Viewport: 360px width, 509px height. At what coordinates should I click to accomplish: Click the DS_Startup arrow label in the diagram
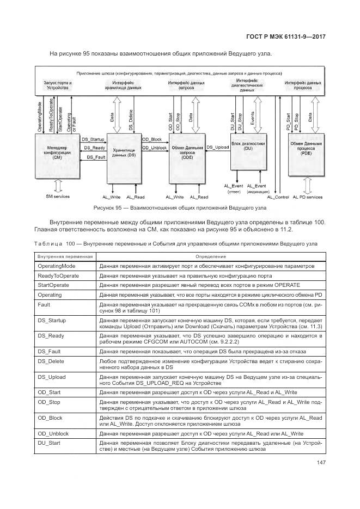pyautogui.click(x=93, y=140)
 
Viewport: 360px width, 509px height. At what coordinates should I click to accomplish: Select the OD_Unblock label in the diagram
pyautogui.click(x=155, y=148)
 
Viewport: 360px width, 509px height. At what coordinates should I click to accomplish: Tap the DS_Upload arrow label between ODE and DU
pyautogui.click(x=218, y=148)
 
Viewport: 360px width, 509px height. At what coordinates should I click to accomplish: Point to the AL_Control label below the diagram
pyautogui.click(x=279, y=197)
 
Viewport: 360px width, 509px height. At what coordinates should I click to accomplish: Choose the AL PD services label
pyautogui.click(x=308, y=197)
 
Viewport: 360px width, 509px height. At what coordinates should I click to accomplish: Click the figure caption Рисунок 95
pyautogui.click(x=180, y=208)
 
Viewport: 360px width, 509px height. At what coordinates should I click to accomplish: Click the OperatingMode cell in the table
pyautogui.click(x=57, y=266)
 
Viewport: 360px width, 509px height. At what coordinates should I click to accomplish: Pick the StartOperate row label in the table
pyautogui.click(x=53, y=285)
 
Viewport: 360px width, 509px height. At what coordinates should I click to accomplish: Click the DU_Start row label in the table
pyautogui.click(x=49, y=444)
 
